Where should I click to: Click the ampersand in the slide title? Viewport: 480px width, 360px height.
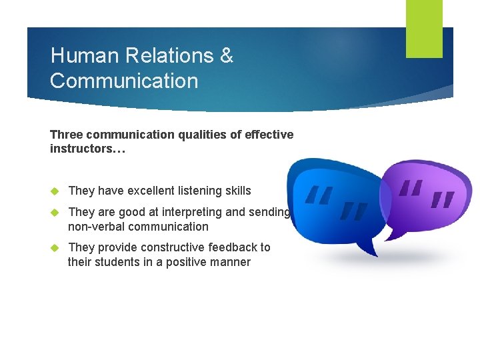pyautogui.click(x=227, y=55)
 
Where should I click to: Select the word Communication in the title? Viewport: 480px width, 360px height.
pyautogui.click(x=124, y=81)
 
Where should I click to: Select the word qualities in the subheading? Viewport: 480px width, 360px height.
pyautogui.click(x=200, y=135)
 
